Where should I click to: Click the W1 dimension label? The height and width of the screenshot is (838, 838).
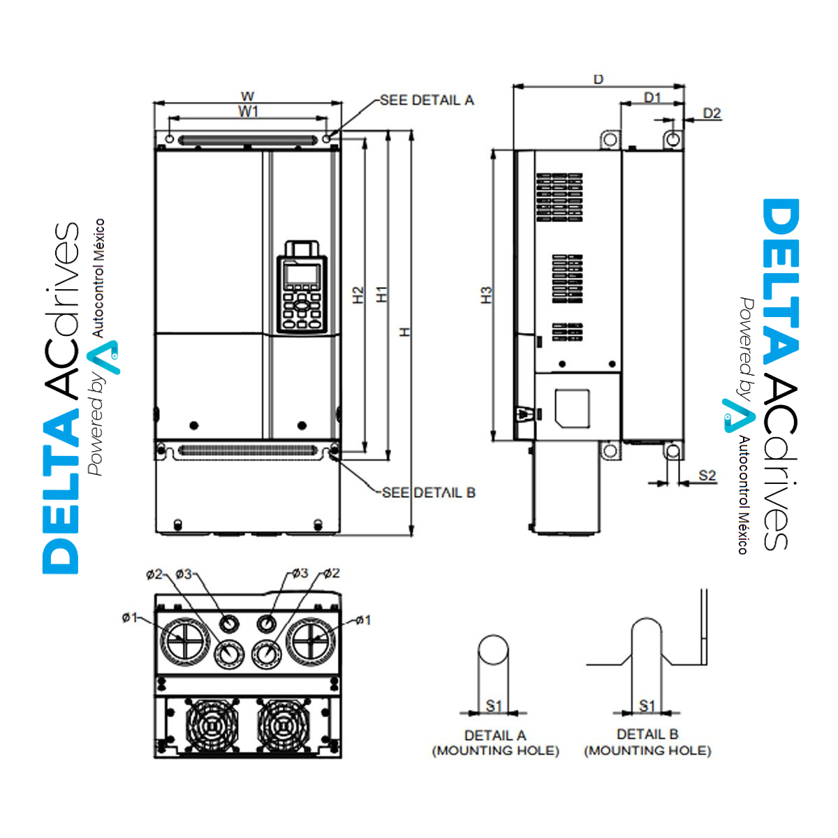pos(249,111)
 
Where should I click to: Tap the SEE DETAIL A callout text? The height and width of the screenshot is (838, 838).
pos(427,101)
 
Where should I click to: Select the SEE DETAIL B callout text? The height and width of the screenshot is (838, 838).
pos(429,492)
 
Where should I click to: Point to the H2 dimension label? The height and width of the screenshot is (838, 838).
pos(358,295)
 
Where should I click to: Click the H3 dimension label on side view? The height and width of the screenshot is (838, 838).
pos(487,295)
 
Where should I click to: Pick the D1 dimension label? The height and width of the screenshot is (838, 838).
pos(652,97)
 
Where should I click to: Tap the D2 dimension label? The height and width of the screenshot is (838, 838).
pos(712,113)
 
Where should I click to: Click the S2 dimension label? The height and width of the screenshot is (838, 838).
pos(707,476)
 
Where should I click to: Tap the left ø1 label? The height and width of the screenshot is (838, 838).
pos(130,617)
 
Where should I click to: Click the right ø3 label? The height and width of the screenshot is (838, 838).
pos(299,573)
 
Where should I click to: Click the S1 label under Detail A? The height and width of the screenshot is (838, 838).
pos(494,706)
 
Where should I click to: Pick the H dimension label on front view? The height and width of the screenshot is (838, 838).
pos(404,332)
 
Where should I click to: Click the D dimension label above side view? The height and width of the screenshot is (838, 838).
pos(598,80)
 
